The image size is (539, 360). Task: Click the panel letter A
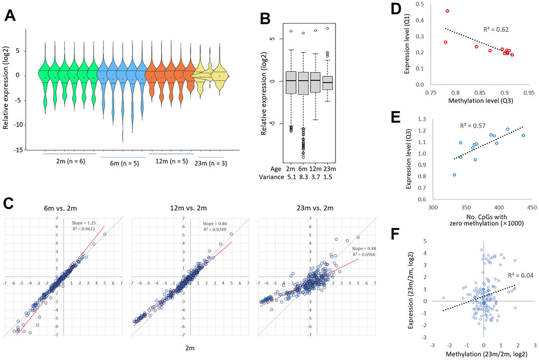[x=10, y=16]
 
